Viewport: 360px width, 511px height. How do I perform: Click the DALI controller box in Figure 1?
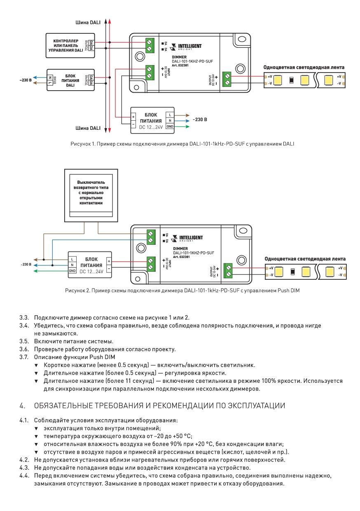[x=70, y=45]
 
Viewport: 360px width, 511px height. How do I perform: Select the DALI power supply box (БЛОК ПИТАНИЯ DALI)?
[x=70, y=80]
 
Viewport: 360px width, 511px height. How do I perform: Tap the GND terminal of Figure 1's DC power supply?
[x=170, y=127]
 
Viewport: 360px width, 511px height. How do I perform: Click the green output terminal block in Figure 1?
[x=227, y=79]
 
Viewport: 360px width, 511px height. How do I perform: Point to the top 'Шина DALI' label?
[x=88, y=22]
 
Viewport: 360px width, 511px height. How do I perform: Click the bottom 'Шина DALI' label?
[x=88, y=128]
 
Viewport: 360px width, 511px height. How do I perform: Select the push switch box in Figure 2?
[x=91, y=195]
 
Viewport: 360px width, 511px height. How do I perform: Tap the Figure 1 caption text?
[x=182, y=144]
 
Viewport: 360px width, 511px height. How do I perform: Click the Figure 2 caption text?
[x=182, y=291]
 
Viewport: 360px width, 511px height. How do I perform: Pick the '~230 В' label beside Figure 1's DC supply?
[x=200, y=120]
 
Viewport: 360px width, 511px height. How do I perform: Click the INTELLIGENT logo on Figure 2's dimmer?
[x=187, y=238]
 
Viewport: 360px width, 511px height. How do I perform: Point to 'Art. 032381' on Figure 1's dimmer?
[x=180, y=65]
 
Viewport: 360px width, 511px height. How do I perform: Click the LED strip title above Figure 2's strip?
[x=305, y=259]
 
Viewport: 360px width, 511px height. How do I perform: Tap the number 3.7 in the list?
[x=24, y=357]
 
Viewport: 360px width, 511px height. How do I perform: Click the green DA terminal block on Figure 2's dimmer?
[x=151, y=237]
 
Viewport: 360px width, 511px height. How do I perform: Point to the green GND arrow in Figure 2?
[x=51, y=271]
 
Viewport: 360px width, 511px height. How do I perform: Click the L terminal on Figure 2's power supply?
[x=72, y=259]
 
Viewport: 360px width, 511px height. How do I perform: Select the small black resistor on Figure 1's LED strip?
[x=291, y=80]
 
